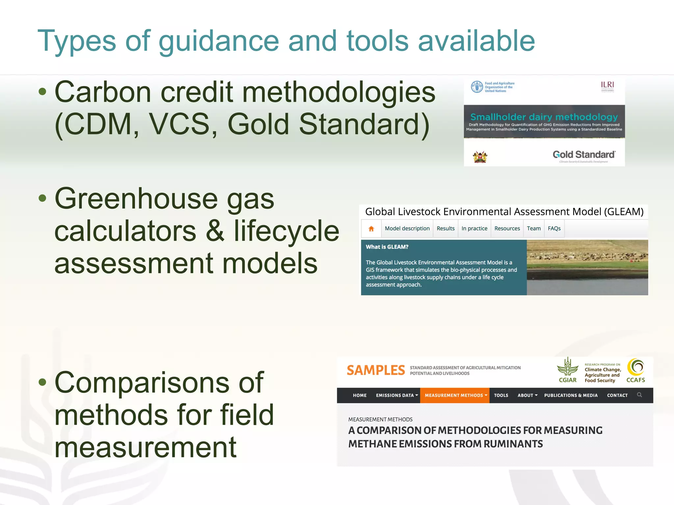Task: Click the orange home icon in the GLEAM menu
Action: point(371,228)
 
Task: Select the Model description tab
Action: point(407,228)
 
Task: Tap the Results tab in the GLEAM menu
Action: point(446,228)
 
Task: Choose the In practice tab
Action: point(474,228)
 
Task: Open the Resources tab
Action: point(507,228)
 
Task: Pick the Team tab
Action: point(534,228)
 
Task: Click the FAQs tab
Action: point(554,228)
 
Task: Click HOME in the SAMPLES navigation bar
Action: point(360,395)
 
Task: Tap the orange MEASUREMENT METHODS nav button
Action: point(455,395)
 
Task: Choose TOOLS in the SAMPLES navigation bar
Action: point(501,395)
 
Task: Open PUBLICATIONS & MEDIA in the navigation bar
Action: point(571,395)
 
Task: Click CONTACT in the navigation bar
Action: point(617,395)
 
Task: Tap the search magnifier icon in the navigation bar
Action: point(639,395)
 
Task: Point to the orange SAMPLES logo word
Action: point(376,371)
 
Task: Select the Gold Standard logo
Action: point(584,155)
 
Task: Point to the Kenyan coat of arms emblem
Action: point(480,157)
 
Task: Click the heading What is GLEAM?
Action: point(387,247)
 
